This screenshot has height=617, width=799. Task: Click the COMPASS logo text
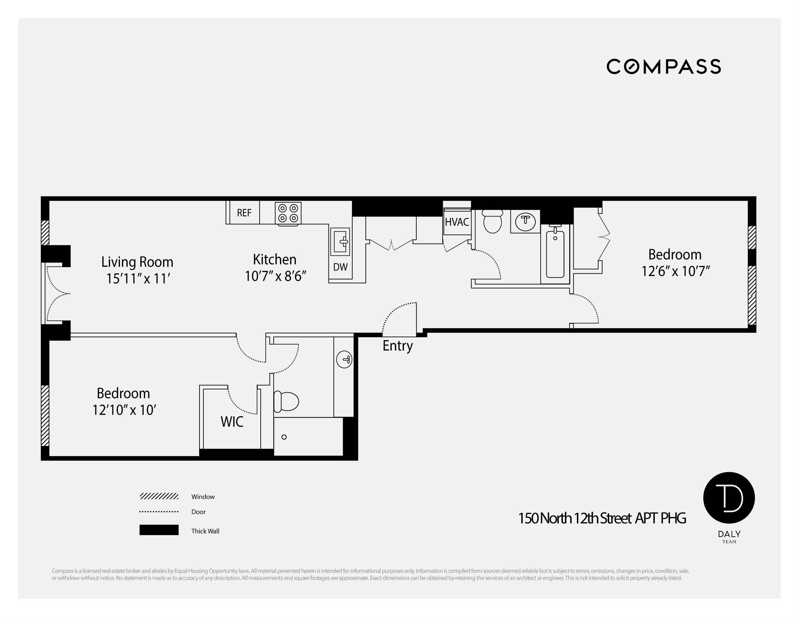pos(664,66)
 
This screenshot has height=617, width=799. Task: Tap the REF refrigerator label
pos(244,213)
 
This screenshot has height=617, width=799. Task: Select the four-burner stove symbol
pos(288,213)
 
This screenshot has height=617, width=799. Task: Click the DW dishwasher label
pos(340,267)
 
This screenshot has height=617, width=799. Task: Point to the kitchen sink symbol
pos(340,241)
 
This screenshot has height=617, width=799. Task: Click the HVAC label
pos(457,222)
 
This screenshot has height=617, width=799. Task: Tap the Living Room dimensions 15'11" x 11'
pos(138,278)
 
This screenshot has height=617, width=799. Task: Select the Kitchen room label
pos(274,259)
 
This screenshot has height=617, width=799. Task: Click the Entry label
pos(398,346)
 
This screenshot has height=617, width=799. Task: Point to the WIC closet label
pos(231,422)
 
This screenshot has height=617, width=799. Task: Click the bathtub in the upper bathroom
pos(555,254)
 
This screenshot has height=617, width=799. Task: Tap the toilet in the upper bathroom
pos(492,222)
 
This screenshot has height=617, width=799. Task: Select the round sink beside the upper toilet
pos(525,221)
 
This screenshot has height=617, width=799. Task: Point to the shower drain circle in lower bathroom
pos(284,437)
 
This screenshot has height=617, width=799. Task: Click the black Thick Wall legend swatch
pos(159,530)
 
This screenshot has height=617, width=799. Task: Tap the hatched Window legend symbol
pos(159,496)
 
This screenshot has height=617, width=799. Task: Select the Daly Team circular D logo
pos(729,498)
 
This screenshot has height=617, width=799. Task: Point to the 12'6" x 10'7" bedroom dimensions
pos(675,271)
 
